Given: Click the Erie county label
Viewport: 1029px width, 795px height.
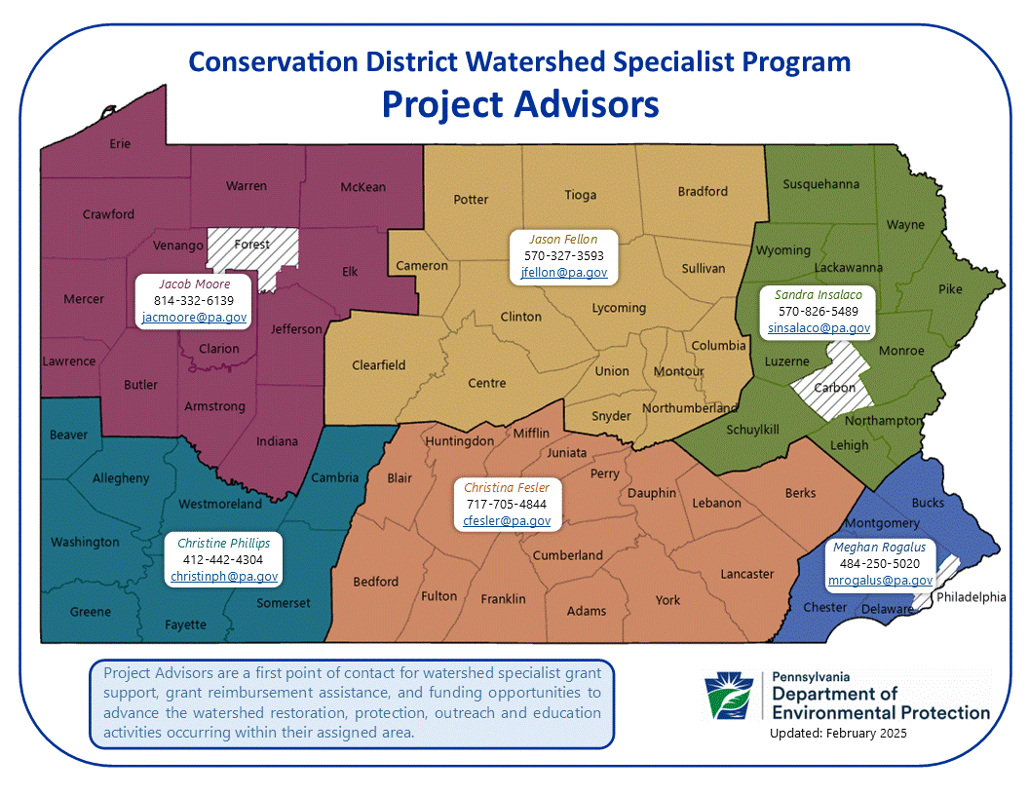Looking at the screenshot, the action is (120, 143).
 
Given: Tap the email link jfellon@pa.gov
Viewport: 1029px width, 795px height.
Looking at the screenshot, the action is (564, 272).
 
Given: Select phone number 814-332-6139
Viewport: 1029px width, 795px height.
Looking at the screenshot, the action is (194, 300).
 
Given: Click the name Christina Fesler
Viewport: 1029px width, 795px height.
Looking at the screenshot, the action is (506, 487).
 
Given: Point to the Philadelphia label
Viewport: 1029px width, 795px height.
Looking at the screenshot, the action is (971, 597).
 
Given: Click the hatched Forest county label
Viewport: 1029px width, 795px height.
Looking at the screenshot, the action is (252, 244).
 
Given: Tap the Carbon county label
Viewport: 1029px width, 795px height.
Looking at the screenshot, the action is (834, 388).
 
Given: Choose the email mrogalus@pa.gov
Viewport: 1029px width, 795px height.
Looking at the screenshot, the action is (880, 580).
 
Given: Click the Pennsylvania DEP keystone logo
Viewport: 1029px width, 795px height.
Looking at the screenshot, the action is (729, 695).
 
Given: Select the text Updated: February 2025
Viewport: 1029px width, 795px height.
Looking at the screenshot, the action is (838, 733).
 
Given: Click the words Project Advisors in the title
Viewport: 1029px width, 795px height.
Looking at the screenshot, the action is (520, 104).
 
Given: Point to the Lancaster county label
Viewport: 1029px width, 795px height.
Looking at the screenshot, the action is (746, 574).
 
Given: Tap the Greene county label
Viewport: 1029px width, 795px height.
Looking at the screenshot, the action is (91, 611).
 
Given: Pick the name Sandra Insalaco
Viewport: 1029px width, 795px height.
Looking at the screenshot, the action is (818, 294).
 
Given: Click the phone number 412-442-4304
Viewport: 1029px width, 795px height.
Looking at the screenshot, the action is (222, 559).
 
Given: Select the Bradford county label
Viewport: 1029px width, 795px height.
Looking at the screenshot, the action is (703, 192).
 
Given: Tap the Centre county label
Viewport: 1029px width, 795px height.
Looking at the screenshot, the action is (486, 383).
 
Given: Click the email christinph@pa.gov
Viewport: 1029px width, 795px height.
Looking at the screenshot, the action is (224, 576).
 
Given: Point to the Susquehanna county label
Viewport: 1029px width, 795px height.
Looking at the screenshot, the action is (821, 184).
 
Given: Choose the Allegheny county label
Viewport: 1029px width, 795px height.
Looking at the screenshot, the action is (121, 478).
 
